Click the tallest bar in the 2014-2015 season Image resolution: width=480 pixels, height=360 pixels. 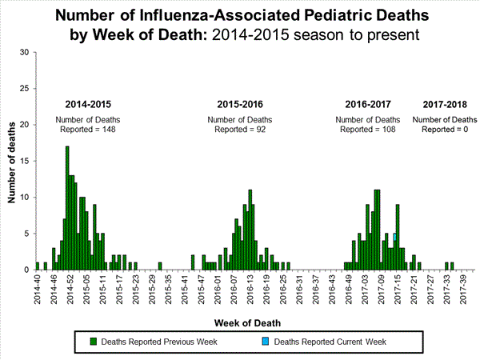click(x=67, y=208)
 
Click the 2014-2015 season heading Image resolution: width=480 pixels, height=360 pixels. click(x=89, y=104)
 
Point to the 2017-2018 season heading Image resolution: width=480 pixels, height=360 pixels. click(x=445, y=104)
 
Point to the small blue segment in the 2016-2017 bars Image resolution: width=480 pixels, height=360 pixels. click(x=394, y=237)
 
